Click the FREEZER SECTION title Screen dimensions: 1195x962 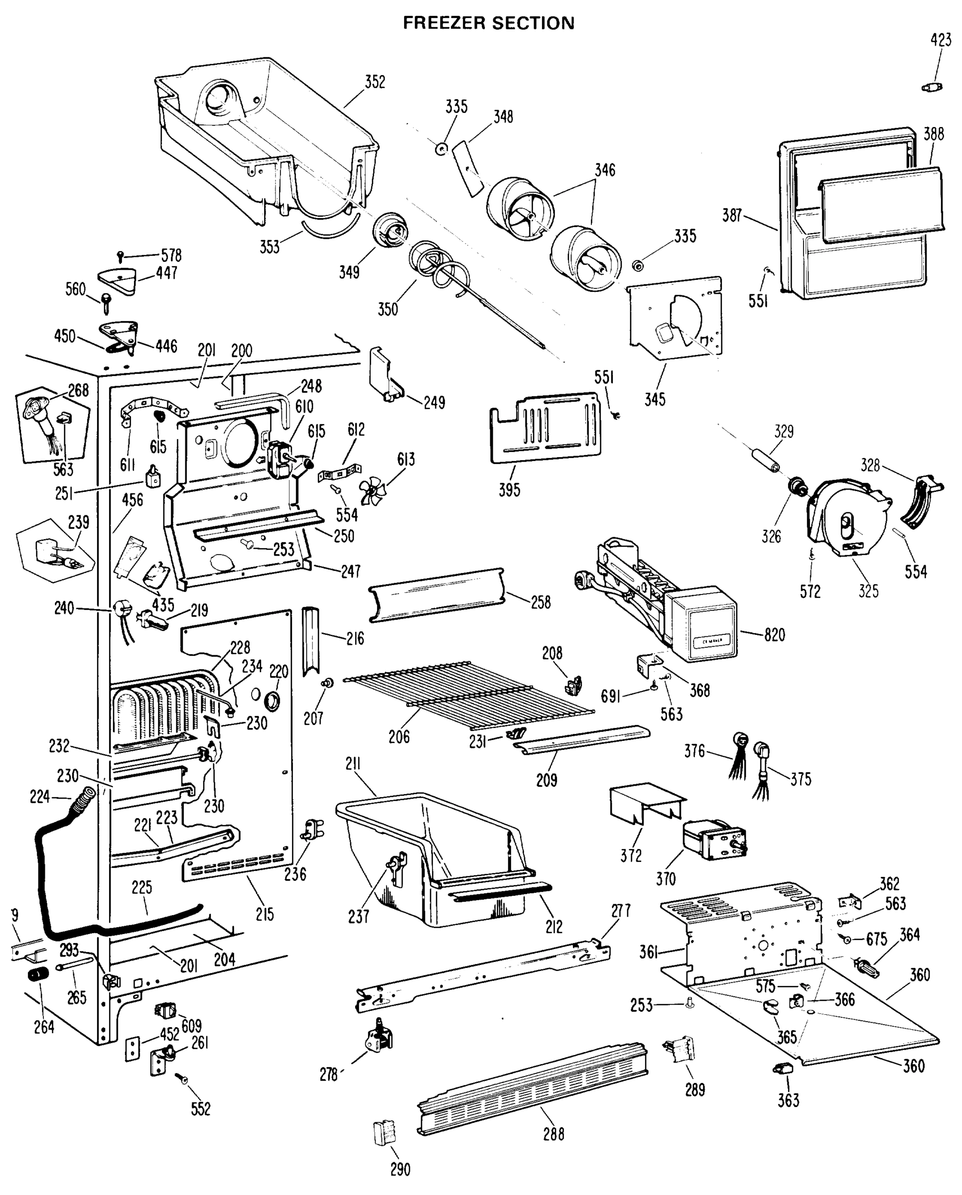pyautogui.click(x=488, y=23)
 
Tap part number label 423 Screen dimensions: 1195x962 pyautogui.click(x=941, y=40)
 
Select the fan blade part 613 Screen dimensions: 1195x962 pyautogui.click(x=370, y=491)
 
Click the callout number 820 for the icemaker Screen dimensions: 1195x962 pyautogui.click(x=774, y=635)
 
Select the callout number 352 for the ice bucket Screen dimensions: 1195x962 pyautogui.click(x=375, y=82)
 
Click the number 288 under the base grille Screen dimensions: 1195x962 pyautogui.click(x=553, y=1134)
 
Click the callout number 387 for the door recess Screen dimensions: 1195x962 pyautogui.click(x=731, y=216)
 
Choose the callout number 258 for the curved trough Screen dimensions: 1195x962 pyautogui.click(x=541, y=602)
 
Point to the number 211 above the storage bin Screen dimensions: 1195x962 pyautogui.click(x=353, y=765)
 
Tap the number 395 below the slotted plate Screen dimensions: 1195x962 pyautogui.click(x=509, y=489)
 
